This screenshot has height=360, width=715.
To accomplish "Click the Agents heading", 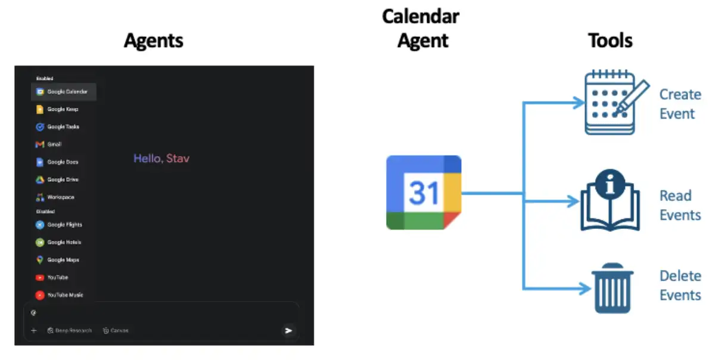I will [x=154, y=41].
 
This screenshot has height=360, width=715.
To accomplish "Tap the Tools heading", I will [x=610, y=41].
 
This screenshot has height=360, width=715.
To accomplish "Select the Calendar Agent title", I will [x=421, y=28].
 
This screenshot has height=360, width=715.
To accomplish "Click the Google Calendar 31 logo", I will [x=424, y=193].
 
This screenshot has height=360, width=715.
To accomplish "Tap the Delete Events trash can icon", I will [x=613, y=288].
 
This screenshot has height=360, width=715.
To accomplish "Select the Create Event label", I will [x=680, y=104].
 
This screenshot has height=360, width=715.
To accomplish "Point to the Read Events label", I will [x=680, y=206].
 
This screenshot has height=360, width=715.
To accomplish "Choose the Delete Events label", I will [x=680, y=285].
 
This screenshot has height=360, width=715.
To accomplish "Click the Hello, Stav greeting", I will [x=161, y=159].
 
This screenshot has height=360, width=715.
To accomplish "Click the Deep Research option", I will [x=70, y=330].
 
